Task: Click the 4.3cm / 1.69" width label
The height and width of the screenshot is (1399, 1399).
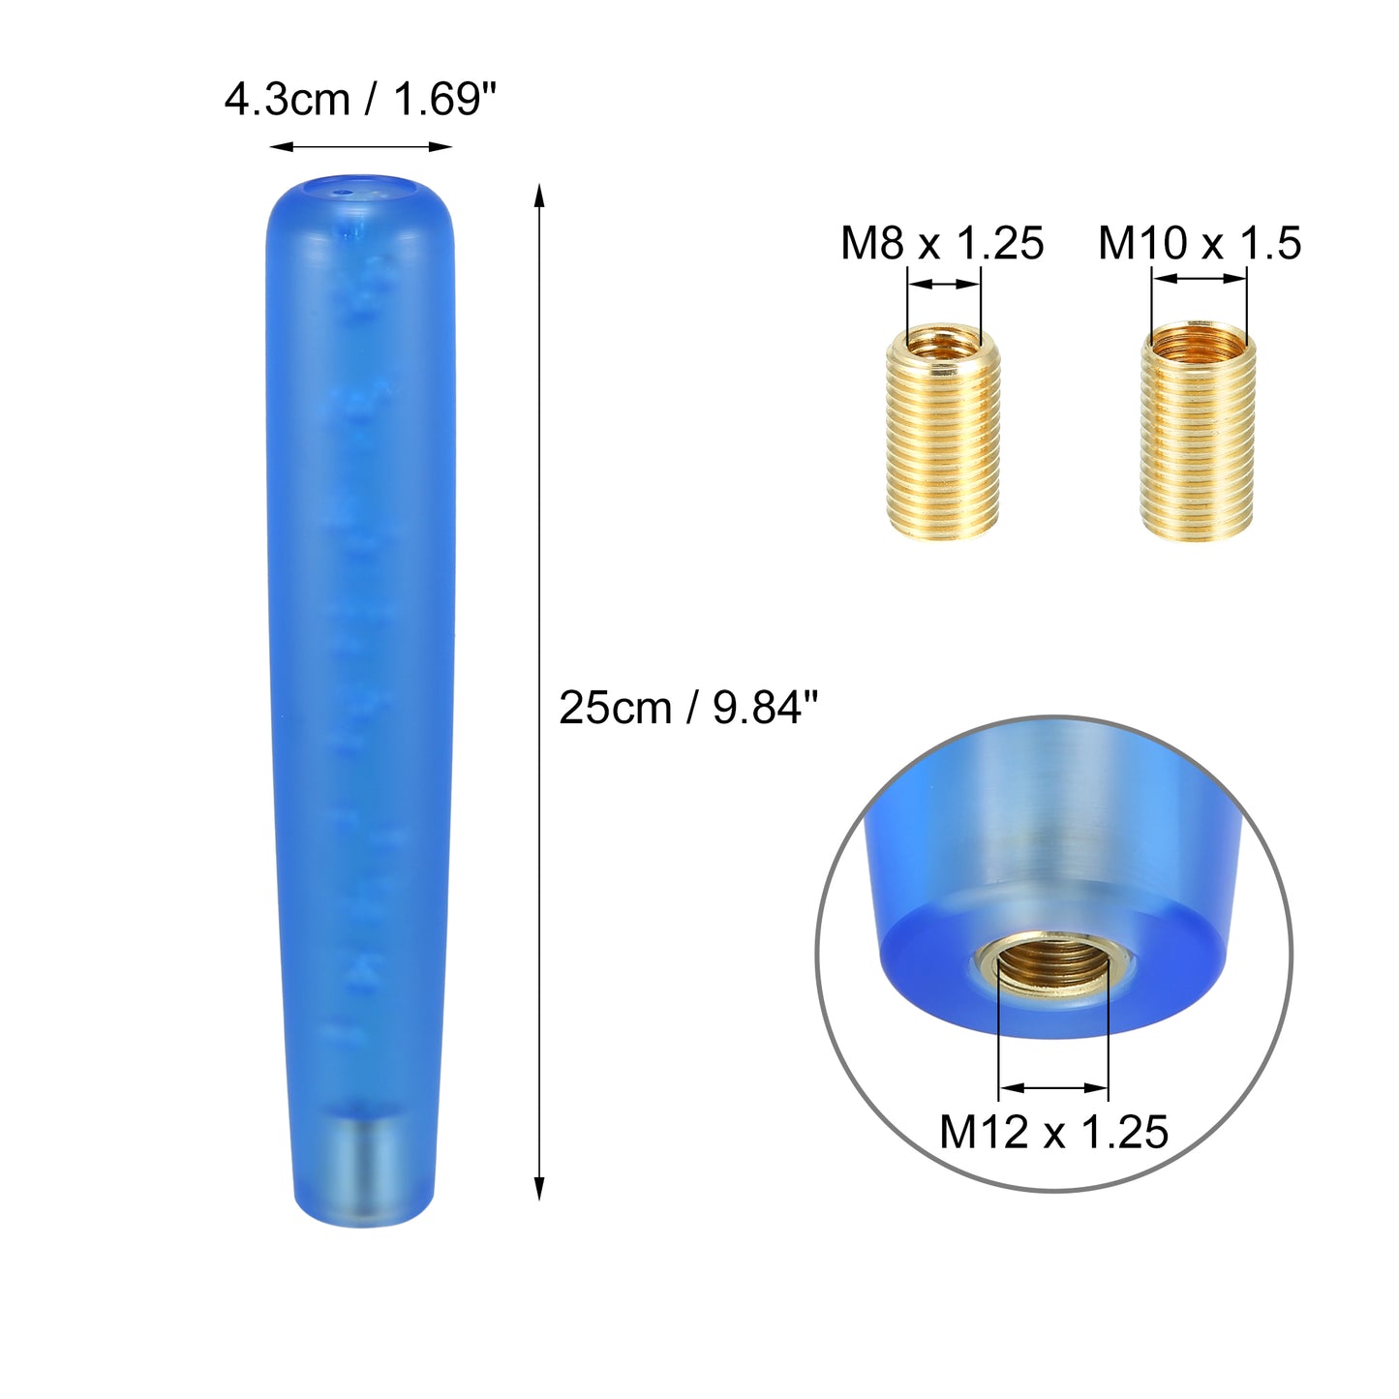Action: (x=360, y=100)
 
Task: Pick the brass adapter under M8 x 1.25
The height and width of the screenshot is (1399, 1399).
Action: (x=943, y=433)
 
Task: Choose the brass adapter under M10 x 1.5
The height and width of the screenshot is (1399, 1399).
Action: (x=1198, y=431)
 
